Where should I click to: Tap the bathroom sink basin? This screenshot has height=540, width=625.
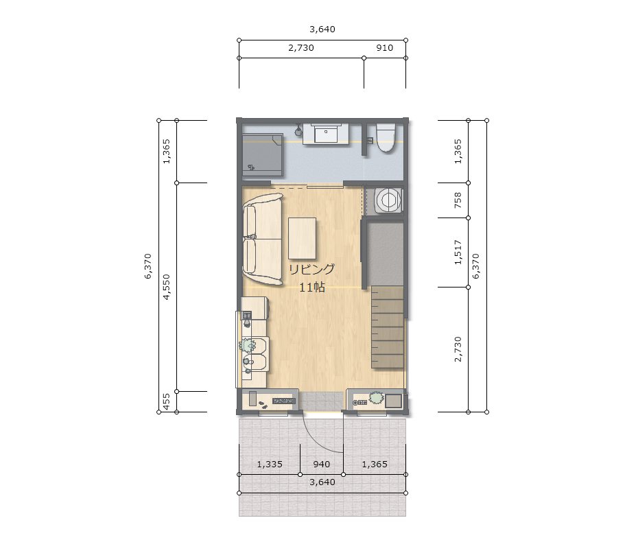(x=326, y=133)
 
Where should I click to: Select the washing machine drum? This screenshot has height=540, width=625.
(x=388, y=200)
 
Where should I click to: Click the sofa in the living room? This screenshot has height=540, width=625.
(x=262, y=239)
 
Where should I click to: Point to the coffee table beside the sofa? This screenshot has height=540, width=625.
(x=302, y=238)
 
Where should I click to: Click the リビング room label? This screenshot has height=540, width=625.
(x=311, y=270)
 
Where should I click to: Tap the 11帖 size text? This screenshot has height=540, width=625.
(x=312, y=287)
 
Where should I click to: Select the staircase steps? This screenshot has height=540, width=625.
(x=388, y=327)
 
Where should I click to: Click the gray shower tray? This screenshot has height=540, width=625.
(x=263, y=155)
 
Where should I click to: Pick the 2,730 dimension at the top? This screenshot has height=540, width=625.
(x=301, y=48)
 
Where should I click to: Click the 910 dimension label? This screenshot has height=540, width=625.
(x=385, y=48)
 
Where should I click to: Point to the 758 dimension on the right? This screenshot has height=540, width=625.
(x=458, y=200)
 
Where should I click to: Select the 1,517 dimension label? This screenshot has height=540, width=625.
(x=458, y=253)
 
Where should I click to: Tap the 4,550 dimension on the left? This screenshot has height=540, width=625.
(x=166, y=287)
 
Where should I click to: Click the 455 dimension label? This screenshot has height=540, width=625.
(x=166, y=401)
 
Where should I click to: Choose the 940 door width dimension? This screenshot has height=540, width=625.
(x=321, y=465)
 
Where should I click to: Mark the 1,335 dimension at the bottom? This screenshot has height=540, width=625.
(x=270, y=465)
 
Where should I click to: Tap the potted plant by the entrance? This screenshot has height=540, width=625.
(x=376, y=397)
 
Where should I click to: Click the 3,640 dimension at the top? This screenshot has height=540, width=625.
(x=322, y=29)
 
